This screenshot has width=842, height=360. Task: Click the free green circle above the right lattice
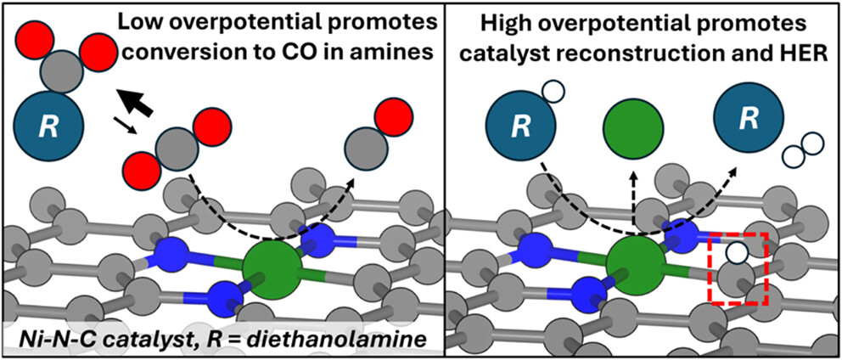633,132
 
